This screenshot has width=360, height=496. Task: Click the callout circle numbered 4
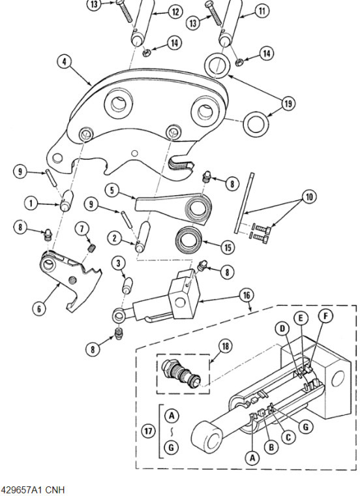point(65,62)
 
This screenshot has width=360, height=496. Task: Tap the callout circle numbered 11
point(262,11)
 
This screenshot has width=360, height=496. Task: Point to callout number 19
point(288,103)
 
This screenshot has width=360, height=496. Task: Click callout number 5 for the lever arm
point(112,190)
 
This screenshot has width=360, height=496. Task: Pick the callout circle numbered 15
point(228,247)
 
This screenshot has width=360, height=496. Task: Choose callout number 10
point(309,196)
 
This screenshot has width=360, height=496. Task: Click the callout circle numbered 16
point(247,296)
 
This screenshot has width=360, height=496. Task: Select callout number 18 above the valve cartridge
point(225,347)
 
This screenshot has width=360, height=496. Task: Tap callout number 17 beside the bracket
point(148,431)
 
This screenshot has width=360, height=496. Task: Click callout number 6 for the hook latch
point(39,308)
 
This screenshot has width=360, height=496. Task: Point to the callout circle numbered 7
point(82,228)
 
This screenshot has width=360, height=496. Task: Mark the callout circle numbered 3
point(118,263)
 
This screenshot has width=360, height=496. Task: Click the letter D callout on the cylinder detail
point(282,329)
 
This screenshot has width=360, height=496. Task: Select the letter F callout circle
point(325,316)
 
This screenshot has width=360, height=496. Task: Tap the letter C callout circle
point(288,437)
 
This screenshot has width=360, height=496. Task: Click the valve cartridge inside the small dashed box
point(181,373)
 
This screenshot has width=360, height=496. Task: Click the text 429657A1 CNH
point(33,489)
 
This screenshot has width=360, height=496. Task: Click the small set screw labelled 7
point(91,249)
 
